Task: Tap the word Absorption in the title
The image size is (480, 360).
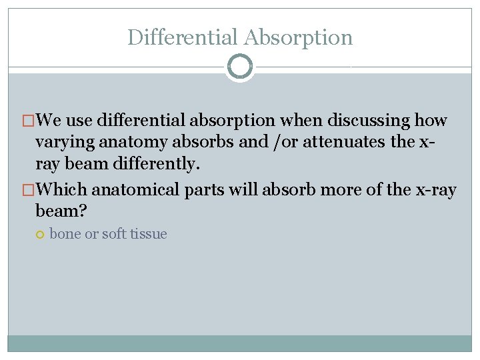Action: [298, 37]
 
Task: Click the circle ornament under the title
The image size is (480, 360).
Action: [240, 67]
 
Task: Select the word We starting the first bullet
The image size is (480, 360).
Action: [52, 121]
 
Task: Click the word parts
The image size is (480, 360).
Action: [205, 190]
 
